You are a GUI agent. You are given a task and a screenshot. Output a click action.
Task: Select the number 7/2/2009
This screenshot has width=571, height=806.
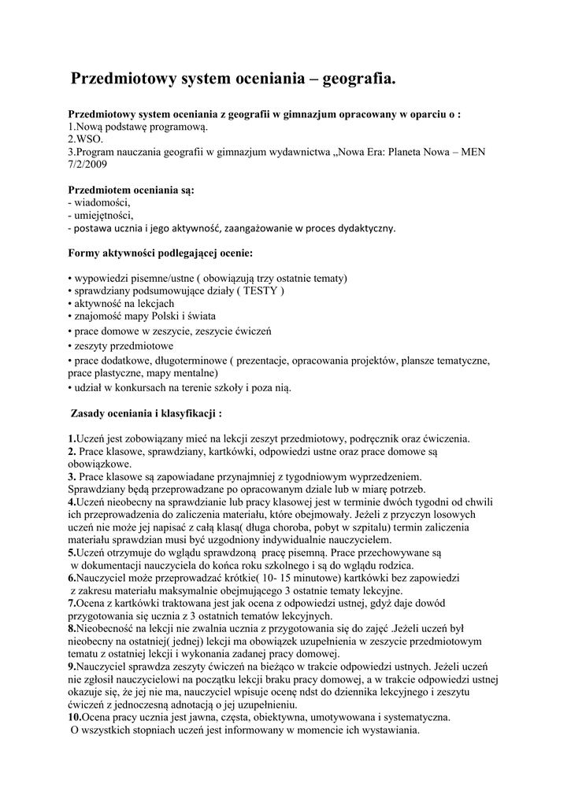[x=87, y=165]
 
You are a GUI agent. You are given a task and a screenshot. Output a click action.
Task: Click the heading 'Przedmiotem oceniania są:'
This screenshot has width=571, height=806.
[x=132, y=190]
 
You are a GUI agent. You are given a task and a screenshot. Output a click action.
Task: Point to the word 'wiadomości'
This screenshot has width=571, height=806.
[x=102, y=202]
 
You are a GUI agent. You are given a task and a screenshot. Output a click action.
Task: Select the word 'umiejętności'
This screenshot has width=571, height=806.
[x=103, y=215]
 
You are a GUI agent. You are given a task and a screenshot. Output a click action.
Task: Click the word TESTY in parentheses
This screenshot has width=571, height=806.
[x=259, y=290]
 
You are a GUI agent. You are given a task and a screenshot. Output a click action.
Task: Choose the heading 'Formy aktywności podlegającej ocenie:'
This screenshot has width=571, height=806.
[x=161, y=253]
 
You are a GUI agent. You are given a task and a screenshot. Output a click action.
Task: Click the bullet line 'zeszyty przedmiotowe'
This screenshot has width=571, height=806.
[x=124, y=346]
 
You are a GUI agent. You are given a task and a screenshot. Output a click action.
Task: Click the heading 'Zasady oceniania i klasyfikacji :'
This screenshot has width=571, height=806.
[x=146, y=412]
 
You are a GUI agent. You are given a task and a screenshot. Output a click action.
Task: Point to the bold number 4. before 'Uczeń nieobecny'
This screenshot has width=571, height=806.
[x=72, y=501]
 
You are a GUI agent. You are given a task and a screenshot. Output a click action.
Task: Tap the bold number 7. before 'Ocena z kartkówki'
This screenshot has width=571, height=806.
[x=72, y=603]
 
